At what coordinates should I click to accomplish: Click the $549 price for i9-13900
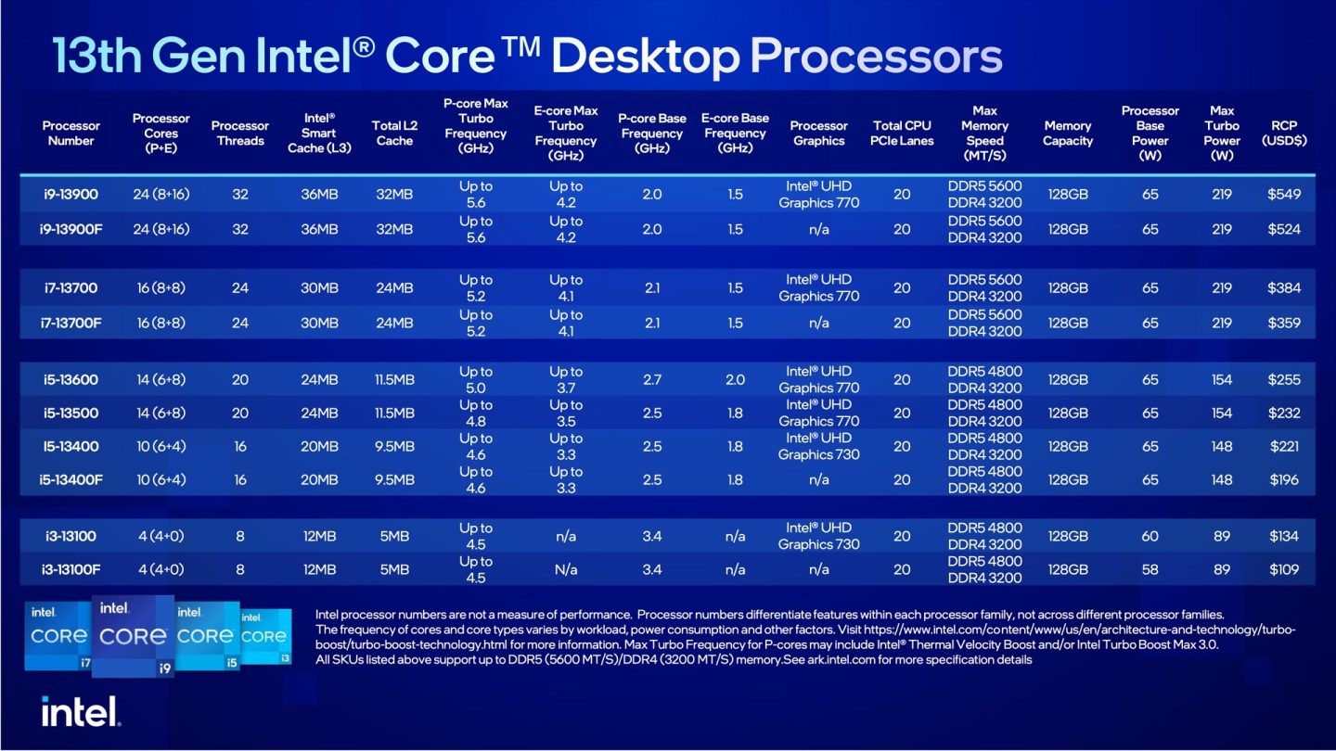click(x=1284, y=195)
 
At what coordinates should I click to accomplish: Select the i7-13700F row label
click(x=71, y=323)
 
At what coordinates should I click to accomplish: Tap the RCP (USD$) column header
click(x=1284, y=133)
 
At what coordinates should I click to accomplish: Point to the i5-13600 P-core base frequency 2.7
click(x=652, y=379)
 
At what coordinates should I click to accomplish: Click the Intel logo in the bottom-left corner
click(x=81, y=711)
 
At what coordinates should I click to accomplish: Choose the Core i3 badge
click(x=264, y=637)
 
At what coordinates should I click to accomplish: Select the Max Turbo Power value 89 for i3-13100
click(x=1222, y=536)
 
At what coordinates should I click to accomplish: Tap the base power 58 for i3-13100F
click(x=1150, y=569)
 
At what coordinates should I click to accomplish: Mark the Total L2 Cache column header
click(x=393, y=133)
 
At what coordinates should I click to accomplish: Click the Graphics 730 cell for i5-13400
click(x=818, y=446)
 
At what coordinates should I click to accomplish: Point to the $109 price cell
click(x=1284, y=569)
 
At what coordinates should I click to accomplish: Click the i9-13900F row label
click(x=71, y=229)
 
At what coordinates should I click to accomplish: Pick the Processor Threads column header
click(x=239, y=133)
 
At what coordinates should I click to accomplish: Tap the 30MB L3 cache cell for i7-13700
click(x=319, y=287)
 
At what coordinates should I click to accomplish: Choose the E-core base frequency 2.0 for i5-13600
click(x=735, y=379)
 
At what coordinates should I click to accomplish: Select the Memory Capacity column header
click(x=1068, y=133)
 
